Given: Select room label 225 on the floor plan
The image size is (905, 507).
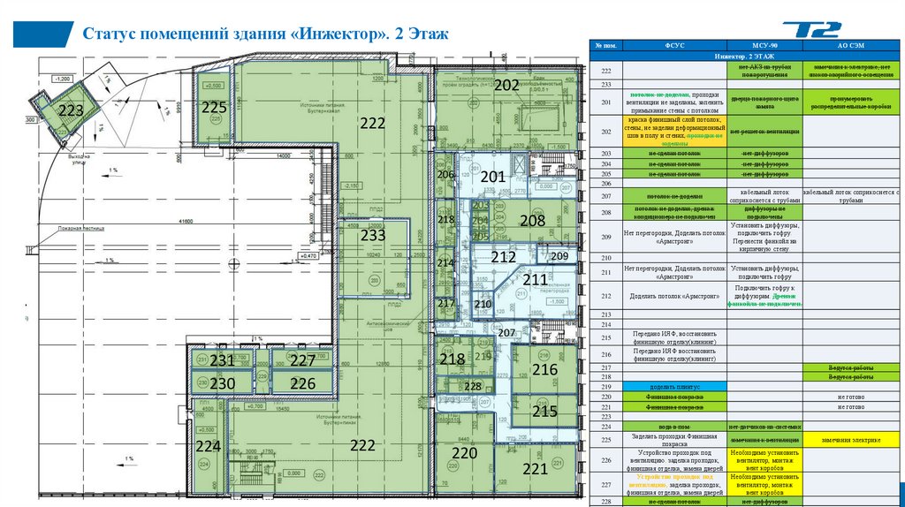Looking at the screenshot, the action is (x=214, y=107).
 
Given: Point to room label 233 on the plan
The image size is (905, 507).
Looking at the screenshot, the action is (x=373, y=236).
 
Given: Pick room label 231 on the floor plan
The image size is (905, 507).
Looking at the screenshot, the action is (x=222, y=360).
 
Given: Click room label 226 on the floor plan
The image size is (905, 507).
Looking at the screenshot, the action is (x=302, y=383).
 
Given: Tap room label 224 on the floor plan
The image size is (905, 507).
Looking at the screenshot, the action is (x=209, y=445).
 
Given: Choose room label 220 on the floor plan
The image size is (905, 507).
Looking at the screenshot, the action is (x=464, y=453).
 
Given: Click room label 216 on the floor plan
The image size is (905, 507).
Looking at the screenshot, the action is (x=544, y=369).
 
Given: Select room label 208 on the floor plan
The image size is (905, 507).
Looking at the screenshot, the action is (x=532, y=221).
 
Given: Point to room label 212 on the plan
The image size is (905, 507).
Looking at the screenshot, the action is (x=503, y=258).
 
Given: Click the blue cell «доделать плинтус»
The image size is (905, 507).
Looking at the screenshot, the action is (x=674, y=386).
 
